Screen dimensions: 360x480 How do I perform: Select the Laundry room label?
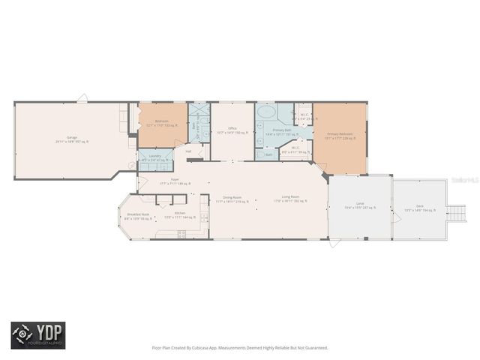[155, 157]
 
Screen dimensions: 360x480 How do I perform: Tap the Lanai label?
[360, 205]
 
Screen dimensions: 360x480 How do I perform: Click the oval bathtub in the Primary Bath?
[266, 113]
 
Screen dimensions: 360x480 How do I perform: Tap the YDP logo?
[37, 335]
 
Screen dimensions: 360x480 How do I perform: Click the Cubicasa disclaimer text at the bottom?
[240, 347]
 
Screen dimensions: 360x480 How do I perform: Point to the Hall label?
[189, 151]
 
